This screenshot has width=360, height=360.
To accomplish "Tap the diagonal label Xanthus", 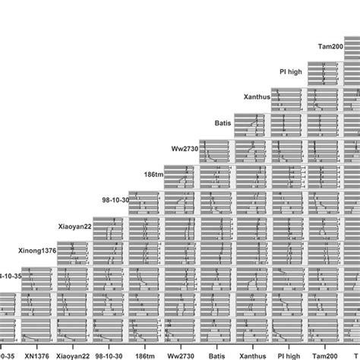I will (256, 97).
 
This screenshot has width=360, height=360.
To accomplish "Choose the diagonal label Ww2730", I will (185, 149).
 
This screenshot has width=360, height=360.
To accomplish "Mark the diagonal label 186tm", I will (153, 175).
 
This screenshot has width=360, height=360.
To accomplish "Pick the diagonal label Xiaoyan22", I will (75, 226).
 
